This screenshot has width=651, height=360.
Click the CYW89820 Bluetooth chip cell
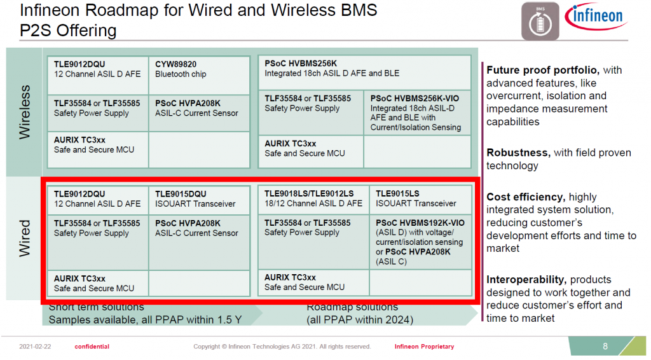click(199, 76)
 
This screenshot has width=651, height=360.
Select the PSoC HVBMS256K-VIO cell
click(417, 113)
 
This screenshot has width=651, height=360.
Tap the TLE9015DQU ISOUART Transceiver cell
click(199, 200)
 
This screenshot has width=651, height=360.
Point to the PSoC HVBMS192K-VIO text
click(420, 223)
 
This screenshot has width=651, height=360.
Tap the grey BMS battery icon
click(540, 21)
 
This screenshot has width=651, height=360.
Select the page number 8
click(605, 346)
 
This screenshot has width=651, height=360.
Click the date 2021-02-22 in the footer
click(35, 347)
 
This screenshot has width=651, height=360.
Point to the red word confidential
click(92, 347)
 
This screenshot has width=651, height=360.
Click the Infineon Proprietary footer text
click(424, 347)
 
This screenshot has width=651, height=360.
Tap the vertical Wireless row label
click(25, 112)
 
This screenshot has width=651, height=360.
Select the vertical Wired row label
click(25, 239)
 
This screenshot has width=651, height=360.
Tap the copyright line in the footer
click(282, 347)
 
